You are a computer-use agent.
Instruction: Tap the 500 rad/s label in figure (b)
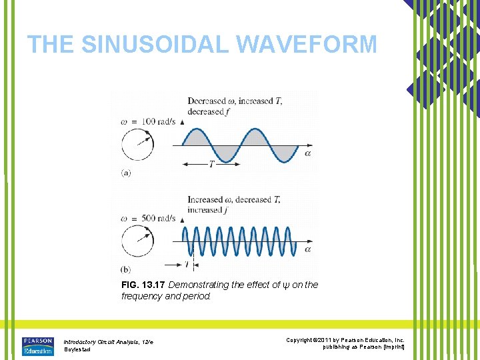[x=155, y=218]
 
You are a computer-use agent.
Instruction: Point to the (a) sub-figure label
[x=126, y=172]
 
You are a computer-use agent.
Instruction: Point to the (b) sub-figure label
[x=126, y=269]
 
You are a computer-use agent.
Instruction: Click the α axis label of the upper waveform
[x=307, y=153]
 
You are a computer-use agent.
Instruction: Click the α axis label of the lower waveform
[x=307, y=249]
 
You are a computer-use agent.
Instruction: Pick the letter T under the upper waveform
[x=211, y=165]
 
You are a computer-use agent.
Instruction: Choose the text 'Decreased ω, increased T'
[x=235, y=101]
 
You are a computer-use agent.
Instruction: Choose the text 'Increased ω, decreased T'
[x=234, y=199]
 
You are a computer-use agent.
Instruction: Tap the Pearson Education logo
[x=37, y=347]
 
